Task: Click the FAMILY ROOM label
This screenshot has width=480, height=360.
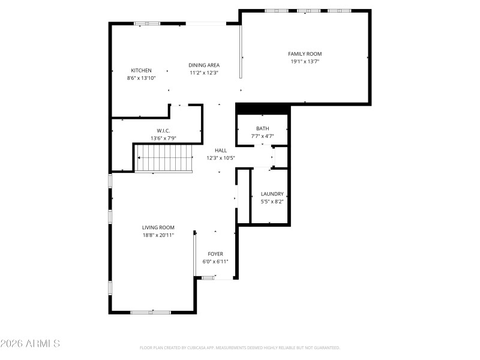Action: point(305,54)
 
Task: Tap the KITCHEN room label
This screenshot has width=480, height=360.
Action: point(141,70)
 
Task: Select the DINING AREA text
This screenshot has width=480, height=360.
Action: point(204,65)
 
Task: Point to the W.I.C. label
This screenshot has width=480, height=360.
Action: point(164,131)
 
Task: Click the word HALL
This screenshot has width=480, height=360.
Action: point(221,151)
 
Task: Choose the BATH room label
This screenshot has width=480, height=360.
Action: point(262,128)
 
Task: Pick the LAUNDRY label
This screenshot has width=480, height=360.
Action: point(272,194)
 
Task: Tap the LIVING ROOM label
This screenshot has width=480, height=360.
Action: point(158,227)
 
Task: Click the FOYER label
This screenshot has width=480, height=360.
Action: point(215,254)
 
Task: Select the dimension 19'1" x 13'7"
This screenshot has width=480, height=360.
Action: point(305,61)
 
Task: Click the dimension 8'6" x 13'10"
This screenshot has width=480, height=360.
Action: point(141,78)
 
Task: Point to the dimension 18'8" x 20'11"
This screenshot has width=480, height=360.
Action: point(158,235)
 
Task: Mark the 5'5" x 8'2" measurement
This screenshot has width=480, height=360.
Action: point(272,202)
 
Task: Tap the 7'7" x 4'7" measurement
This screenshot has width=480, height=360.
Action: point(262,136)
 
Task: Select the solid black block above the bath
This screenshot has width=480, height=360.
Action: point(263,109)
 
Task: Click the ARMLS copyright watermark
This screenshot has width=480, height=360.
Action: point(30,344)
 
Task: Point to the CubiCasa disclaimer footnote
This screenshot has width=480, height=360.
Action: point(240,347)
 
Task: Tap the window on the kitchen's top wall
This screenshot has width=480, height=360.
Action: point(147,23)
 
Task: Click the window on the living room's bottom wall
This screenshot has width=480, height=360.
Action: point(151,312)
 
